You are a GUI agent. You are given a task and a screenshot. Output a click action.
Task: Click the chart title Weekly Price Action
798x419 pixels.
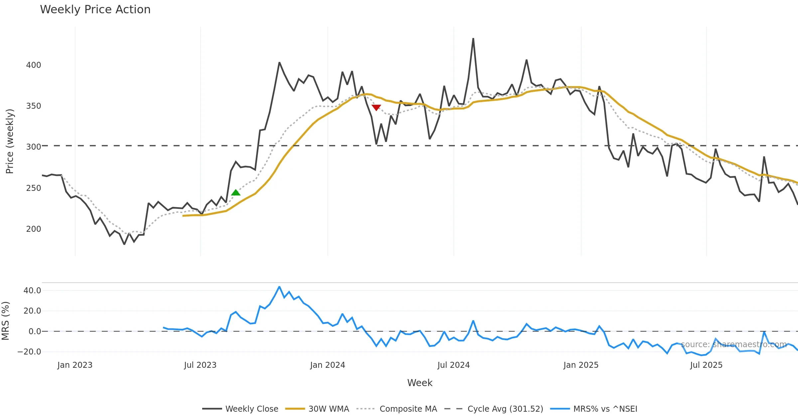(95, 10)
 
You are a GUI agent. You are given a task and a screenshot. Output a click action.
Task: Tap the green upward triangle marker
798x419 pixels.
(236, 193)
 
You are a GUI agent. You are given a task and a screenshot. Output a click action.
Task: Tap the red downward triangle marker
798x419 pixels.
(376, 107)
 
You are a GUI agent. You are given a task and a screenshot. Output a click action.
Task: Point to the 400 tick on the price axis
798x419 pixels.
(34, 65)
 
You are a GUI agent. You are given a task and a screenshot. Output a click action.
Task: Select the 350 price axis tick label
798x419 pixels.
(34, 106)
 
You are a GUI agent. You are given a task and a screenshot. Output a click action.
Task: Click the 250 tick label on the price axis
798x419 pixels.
(34, 188)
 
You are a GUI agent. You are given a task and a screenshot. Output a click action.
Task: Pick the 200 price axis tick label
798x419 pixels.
(34, 229)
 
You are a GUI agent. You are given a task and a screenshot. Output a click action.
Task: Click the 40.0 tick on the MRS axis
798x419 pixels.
(32, 291)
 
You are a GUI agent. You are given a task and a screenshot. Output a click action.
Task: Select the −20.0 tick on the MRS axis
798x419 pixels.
(29, 352)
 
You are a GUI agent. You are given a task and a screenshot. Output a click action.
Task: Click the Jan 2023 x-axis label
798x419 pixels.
(75, 365)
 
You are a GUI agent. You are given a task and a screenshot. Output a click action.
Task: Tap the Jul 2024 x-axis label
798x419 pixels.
(454, 365)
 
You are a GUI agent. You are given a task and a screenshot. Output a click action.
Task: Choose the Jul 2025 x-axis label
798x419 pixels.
(706, 365)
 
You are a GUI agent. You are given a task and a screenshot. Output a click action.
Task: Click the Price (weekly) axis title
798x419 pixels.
(10, 141)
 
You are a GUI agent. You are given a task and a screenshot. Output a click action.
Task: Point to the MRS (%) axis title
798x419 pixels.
(6, 321)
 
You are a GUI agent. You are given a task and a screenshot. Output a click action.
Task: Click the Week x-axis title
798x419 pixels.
(420, 383)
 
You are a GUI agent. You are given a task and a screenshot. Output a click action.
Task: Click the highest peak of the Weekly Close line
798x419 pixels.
(473, 39)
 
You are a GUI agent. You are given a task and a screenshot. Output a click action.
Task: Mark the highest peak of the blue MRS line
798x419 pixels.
(279, 287)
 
